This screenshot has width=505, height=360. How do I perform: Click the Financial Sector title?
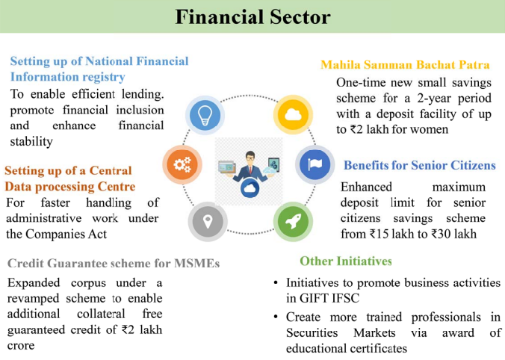coord(252,16)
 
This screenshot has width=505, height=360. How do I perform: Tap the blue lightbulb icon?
coord(205,115)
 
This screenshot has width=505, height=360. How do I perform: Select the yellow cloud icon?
coord(293,114)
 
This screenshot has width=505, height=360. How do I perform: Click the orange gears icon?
coord(182,164)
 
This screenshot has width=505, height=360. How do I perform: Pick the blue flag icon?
coord(315,164)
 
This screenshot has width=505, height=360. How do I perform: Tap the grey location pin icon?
coord(208,222)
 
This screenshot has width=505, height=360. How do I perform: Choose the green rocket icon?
coord(293,222)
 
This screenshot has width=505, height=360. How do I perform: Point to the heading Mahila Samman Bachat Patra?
coord(405,65)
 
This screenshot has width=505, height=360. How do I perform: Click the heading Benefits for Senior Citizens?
coord(420,165)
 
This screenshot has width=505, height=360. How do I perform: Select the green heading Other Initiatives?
coord(346,261)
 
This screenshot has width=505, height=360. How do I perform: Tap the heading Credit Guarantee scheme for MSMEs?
coord(114,264)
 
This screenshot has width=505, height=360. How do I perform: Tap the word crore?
coord(21,346)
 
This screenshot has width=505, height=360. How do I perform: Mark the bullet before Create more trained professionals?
coord(276,317)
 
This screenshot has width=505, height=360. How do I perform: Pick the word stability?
coord(31,141)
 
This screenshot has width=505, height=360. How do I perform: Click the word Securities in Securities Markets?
coord(312,332)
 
